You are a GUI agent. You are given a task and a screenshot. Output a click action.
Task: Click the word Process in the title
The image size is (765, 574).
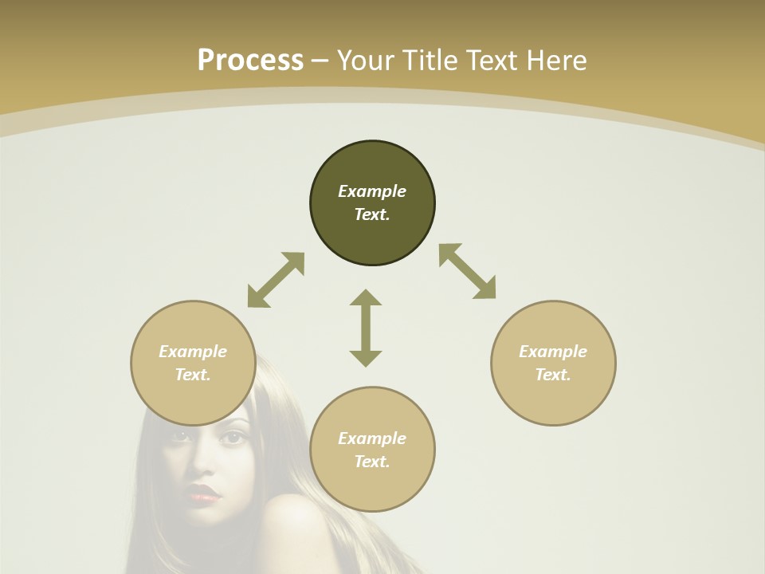click(x=250, y=61)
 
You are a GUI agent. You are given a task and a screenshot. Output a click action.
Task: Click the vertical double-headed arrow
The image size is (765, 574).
click(x=366, y=328)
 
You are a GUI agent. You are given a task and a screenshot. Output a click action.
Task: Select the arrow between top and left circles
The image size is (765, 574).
click(x=276, y=280)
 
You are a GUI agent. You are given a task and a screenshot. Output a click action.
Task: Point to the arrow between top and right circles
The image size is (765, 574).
click(x=468, y=271)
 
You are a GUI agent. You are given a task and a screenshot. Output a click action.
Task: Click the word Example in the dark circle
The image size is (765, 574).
click(x=372, y=191)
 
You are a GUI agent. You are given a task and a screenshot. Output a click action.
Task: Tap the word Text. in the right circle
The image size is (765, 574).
click(x=553, y=375)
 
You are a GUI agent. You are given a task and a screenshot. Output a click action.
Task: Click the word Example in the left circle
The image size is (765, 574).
click(x=193, y=352)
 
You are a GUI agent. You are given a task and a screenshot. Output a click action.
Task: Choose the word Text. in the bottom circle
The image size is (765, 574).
click(x=372, y=462)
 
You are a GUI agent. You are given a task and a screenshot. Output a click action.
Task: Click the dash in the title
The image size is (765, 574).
click(x=320, y=61)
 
